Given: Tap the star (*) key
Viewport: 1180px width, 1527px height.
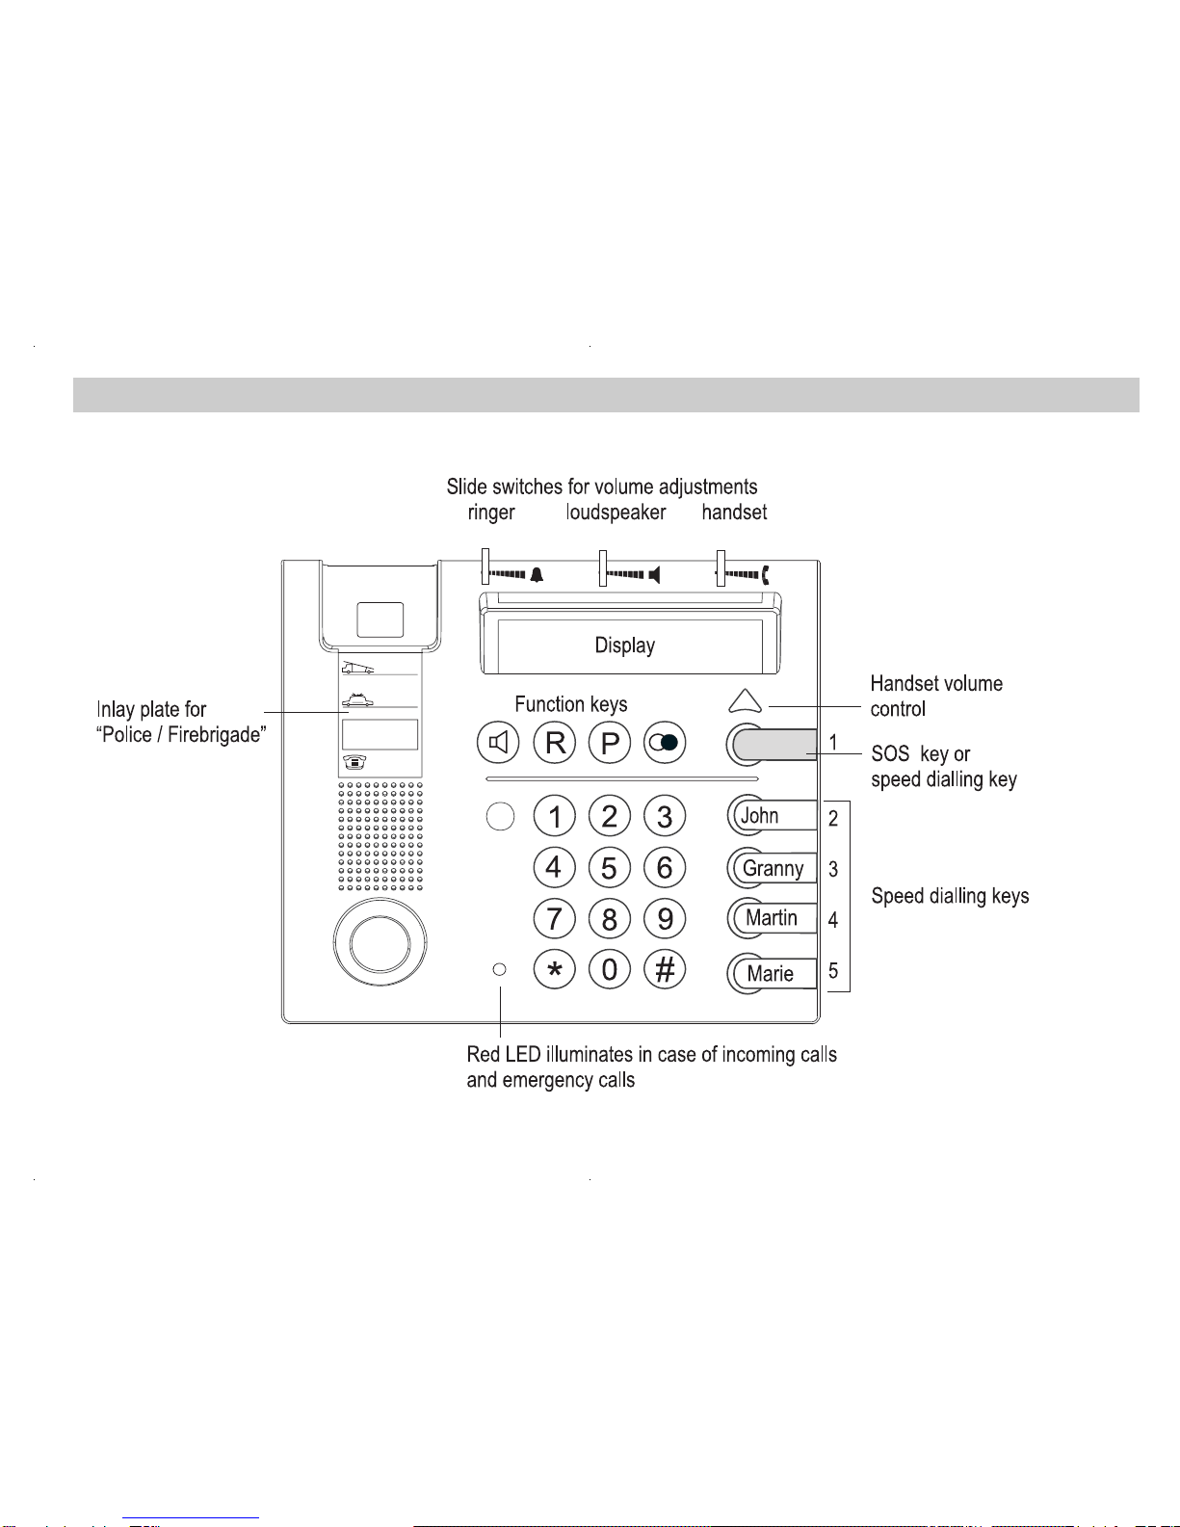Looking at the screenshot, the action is tap(554, 970).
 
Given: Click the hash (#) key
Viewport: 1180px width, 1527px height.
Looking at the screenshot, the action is tap(665, 970).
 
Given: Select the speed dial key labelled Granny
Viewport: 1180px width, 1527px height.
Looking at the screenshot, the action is tap(772, 868).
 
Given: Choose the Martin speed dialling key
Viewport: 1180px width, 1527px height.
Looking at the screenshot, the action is tap(772, 918).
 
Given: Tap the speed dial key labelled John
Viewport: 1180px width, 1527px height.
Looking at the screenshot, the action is tap(772, 816).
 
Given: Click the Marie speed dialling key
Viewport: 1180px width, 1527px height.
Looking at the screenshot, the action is tap(772, 973).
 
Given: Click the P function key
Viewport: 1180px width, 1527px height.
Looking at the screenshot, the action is tap(610, 743).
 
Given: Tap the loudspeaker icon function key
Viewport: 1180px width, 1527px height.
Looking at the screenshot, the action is tap(498, 743).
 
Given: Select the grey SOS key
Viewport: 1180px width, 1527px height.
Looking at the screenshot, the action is tap(772, 745).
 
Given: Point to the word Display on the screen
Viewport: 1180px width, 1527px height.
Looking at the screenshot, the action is tap(624, 645).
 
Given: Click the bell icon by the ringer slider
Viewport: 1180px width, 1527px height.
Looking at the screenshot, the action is tap(537, 575).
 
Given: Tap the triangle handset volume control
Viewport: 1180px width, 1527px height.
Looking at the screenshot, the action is tap(746, 700).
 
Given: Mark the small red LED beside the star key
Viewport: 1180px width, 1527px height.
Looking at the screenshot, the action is tap(499, 970).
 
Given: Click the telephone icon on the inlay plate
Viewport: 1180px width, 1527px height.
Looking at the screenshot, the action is tap(354, 762).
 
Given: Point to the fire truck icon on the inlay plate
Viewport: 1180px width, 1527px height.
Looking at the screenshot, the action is tap(357, 667).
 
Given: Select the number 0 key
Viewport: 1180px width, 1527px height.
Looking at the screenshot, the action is tap(610, 970).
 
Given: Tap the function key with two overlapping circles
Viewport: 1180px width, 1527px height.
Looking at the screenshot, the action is tap(665, 743).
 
